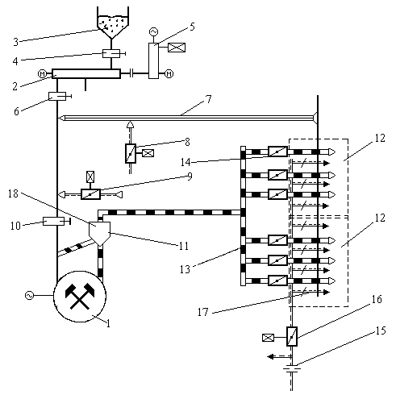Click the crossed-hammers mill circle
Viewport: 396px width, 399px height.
click(x=80, y=297)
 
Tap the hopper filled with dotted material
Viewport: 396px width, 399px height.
click(x=113, y=23)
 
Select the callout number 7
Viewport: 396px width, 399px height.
click(x=209, y=100)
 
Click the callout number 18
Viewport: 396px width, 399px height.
click(x=13, y=193)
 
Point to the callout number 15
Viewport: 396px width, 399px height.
click(x=381, y=330)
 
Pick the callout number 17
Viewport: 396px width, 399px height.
click(x=203, y=312)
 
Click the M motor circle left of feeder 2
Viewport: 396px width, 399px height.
click(x=43, y=74)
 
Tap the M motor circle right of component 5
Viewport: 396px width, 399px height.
click(x=169, y=74)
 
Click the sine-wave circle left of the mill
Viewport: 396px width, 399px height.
click(x=29, y=296)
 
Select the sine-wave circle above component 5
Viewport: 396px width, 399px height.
click(x=153, y=32)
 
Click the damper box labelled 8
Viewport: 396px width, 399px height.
click(x=131, y=153)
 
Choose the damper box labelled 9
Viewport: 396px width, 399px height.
click(x=90, y=194)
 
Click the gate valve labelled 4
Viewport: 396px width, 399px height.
click(x=111, y=54)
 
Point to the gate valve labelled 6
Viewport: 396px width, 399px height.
click(x=57, y=96)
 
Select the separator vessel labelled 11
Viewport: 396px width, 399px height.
click(x=99, y=233)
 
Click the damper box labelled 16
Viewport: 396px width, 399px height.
click(x=292, y=336)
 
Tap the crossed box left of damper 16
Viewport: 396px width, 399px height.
click(x=268, y=338)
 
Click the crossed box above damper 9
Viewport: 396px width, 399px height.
click(x=90, y=177)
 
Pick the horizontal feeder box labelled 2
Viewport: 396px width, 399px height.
click(x=86, y=73)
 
